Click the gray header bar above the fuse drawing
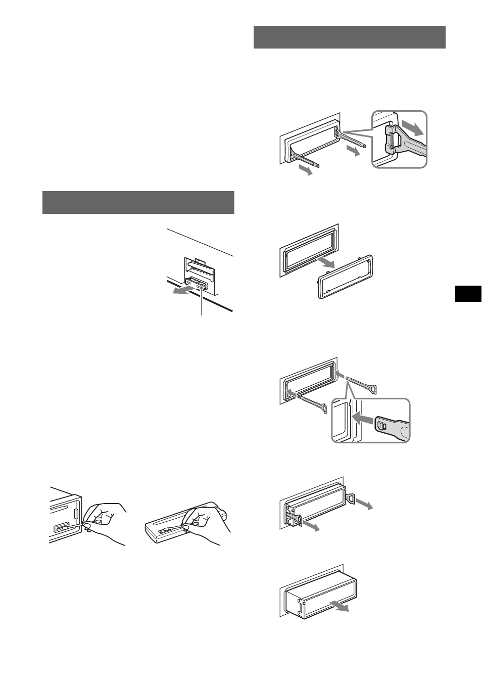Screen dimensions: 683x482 138,203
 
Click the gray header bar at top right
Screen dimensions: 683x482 349,37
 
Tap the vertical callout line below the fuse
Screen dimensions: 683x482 202,303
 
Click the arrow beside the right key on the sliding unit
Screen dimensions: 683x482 365,504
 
